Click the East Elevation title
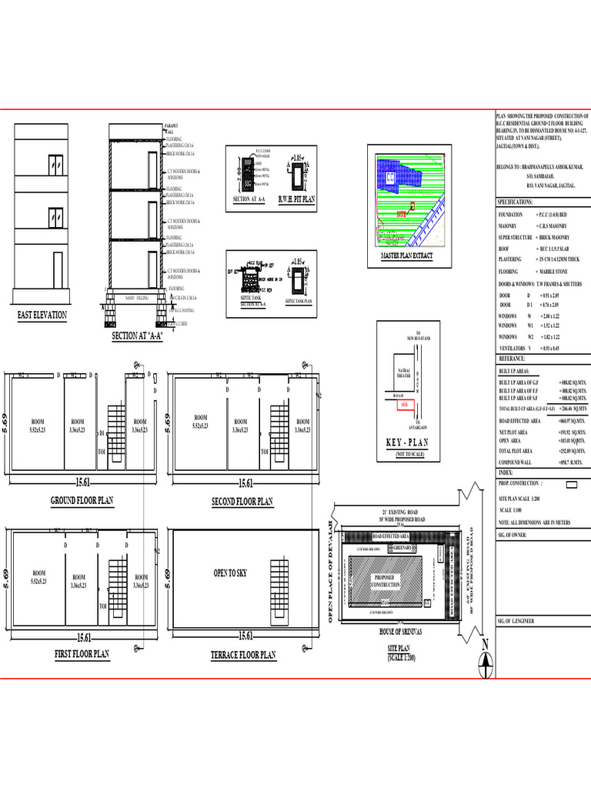click(42, 316)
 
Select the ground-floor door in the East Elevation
click(58, 266)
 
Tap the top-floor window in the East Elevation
click(55, 165)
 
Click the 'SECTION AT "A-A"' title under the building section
click(138, 336)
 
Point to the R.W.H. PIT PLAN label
click(296, 199)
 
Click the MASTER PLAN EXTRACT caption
click(407, 255)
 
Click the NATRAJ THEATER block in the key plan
click(403, 375)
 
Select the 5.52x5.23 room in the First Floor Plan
click(38, 577)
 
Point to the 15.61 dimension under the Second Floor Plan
click(245, 483)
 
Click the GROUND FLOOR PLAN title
click(82, 500)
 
